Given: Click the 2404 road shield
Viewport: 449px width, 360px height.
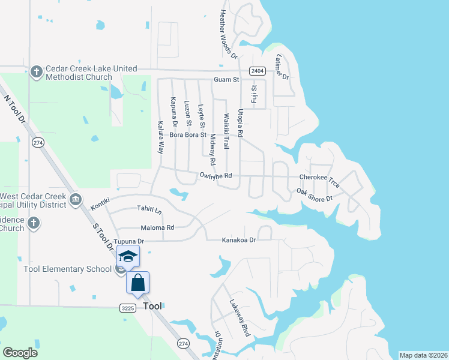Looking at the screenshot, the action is pos(258,71).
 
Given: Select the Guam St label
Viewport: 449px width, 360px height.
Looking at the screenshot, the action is pos(226,80).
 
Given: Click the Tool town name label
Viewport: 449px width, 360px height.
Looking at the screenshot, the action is pos(153,306).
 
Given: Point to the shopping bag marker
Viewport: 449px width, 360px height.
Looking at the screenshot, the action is pos(138,283).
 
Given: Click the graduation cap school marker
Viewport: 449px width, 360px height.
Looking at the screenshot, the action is pos(128,257).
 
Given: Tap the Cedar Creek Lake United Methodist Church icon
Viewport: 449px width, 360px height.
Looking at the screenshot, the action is pos(36,72).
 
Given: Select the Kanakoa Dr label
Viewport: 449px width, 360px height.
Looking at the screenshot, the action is pos(239,240).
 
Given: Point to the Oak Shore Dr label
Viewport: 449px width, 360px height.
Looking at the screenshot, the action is pos(314,194).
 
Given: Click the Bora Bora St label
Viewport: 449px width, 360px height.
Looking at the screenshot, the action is pos(188,135).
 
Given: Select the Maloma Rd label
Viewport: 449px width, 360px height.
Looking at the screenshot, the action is pos(157,228).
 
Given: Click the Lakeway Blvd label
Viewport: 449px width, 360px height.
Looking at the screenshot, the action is pos(239,317).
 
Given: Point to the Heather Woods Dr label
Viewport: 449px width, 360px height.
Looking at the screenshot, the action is pos(226,32).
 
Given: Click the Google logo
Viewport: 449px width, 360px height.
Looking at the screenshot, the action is pos(20,353).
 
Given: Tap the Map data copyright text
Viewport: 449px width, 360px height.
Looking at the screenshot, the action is pos(423,355).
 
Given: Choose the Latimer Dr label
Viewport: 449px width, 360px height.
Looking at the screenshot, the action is pos(282,67).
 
